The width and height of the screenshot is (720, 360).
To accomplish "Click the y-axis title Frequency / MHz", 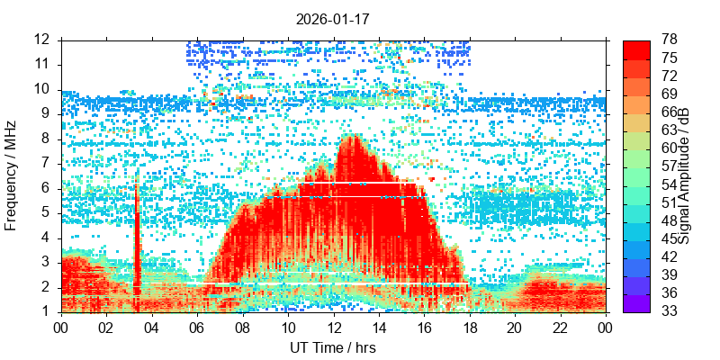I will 12,175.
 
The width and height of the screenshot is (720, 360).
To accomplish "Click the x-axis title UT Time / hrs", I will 333,347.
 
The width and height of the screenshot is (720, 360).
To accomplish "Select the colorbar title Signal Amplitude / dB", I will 684,175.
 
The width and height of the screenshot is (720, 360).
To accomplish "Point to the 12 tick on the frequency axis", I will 41,40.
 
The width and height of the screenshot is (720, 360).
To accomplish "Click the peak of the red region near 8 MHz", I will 352,138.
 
